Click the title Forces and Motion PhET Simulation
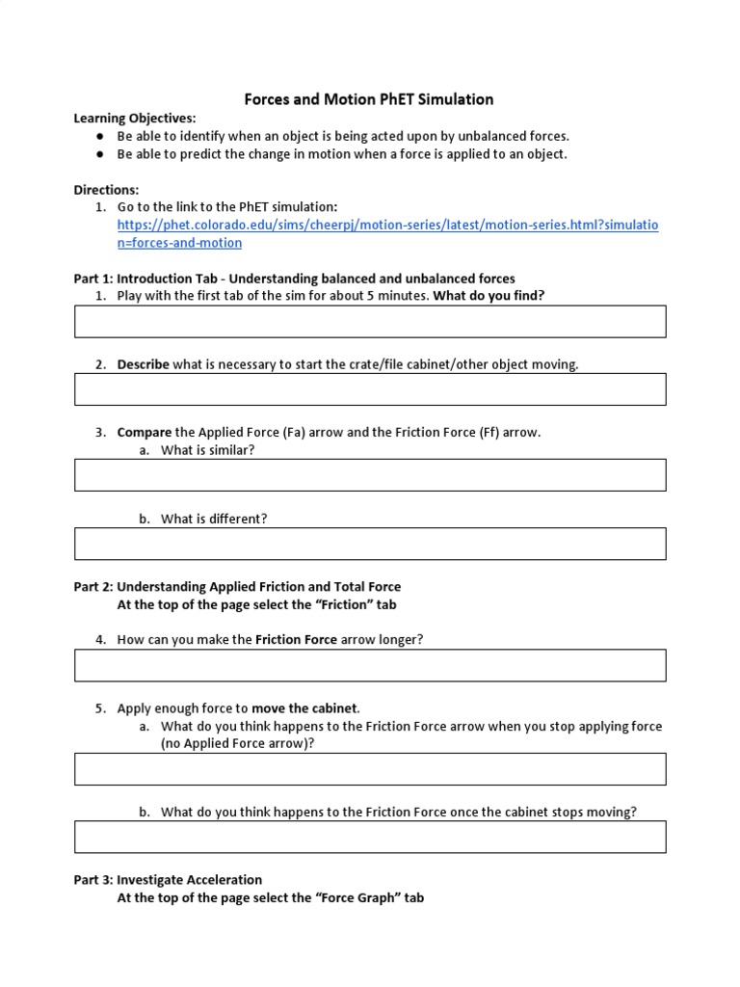pyautogui.click(x=369, y=99)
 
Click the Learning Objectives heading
pyautogui.click(x=135, y=119)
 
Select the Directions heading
pyautogui.click(x=106, y=190)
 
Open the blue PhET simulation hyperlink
pyautogui.click(x=387, y=225)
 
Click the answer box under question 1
pyautogui.click(x=370, y=322)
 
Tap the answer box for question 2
pyautogui.click(x=370, y=389)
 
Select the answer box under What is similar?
pyautogui.click(x=370, y=475)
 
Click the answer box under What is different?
pyautogui.click(x=370, y=544)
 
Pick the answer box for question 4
pyautogui.click(x=370, y=665)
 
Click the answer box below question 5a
pyautogui.click(x=370, y=769)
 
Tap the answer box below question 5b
pyautogui.click(x=370, y=837)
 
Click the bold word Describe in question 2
pyautogui.click(x=143, y=364)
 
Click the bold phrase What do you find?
pyautogui.click(x=489, y=296)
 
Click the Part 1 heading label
pyautogui.click(x=93, y=279)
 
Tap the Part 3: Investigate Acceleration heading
pyautogui.click(x=168, y=879)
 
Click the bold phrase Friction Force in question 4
pyautogui.click(x=296, y=639)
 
